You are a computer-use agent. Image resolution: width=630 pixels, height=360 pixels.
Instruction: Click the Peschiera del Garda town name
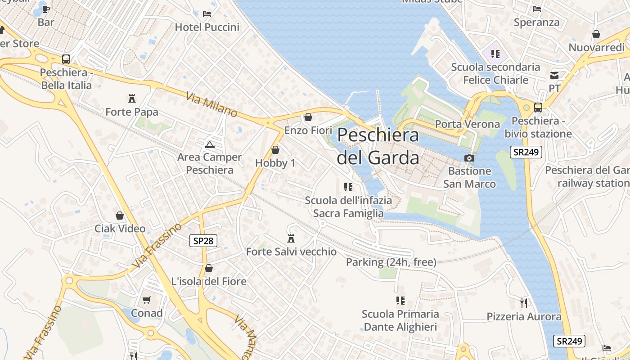[x=378, y=146]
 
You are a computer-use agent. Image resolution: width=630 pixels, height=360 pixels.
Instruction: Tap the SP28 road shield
[x=203, y=241]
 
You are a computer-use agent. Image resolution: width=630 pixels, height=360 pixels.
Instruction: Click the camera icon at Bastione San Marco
[x=469, y=158]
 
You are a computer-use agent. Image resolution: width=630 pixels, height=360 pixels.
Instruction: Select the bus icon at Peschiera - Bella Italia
[x=66, y=59]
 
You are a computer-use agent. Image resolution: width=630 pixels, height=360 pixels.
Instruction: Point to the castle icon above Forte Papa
[x=132, y=98]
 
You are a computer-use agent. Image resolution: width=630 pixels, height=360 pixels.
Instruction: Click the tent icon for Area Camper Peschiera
[x=209, y=144]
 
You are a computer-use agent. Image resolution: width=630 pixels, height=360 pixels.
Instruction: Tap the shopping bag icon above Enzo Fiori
[x=308, y=117]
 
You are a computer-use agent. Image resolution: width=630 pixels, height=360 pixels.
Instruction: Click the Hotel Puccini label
[x=207, y=27]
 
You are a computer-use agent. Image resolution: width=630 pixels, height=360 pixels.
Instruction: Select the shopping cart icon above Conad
[x=147, y=300]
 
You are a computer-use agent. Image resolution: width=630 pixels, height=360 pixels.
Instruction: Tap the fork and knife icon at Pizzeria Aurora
[x=523, y=303]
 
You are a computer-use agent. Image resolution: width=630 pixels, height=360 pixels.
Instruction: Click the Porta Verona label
[x=468, y=124]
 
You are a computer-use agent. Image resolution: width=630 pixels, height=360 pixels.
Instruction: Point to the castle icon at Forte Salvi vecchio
[x=291, y=238]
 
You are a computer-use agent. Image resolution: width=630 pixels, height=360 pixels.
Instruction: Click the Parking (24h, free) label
[x=391, y=262]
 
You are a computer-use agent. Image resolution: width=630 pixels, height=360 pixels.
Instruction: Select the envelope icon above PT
[x=554, y=75]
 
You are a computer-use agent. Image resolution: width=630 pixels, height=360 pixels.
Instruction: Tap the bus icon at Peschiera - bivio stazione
[x=538, y=107]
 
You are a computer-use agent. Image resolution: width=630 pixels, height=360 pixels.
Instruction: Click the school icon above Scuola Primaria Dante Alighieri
[x=400, y=300]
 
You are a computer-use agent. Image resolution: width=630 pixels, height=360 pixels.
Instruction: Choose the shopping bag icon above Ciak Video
[x=120, y=216]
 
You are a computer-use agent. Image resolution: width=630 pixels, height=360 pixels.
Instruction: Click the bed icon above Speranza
[x=536, y=9]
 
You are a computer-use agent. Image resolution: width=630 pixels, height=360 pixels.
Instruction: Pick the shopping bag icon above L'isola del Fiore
[x=209, y=268]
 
